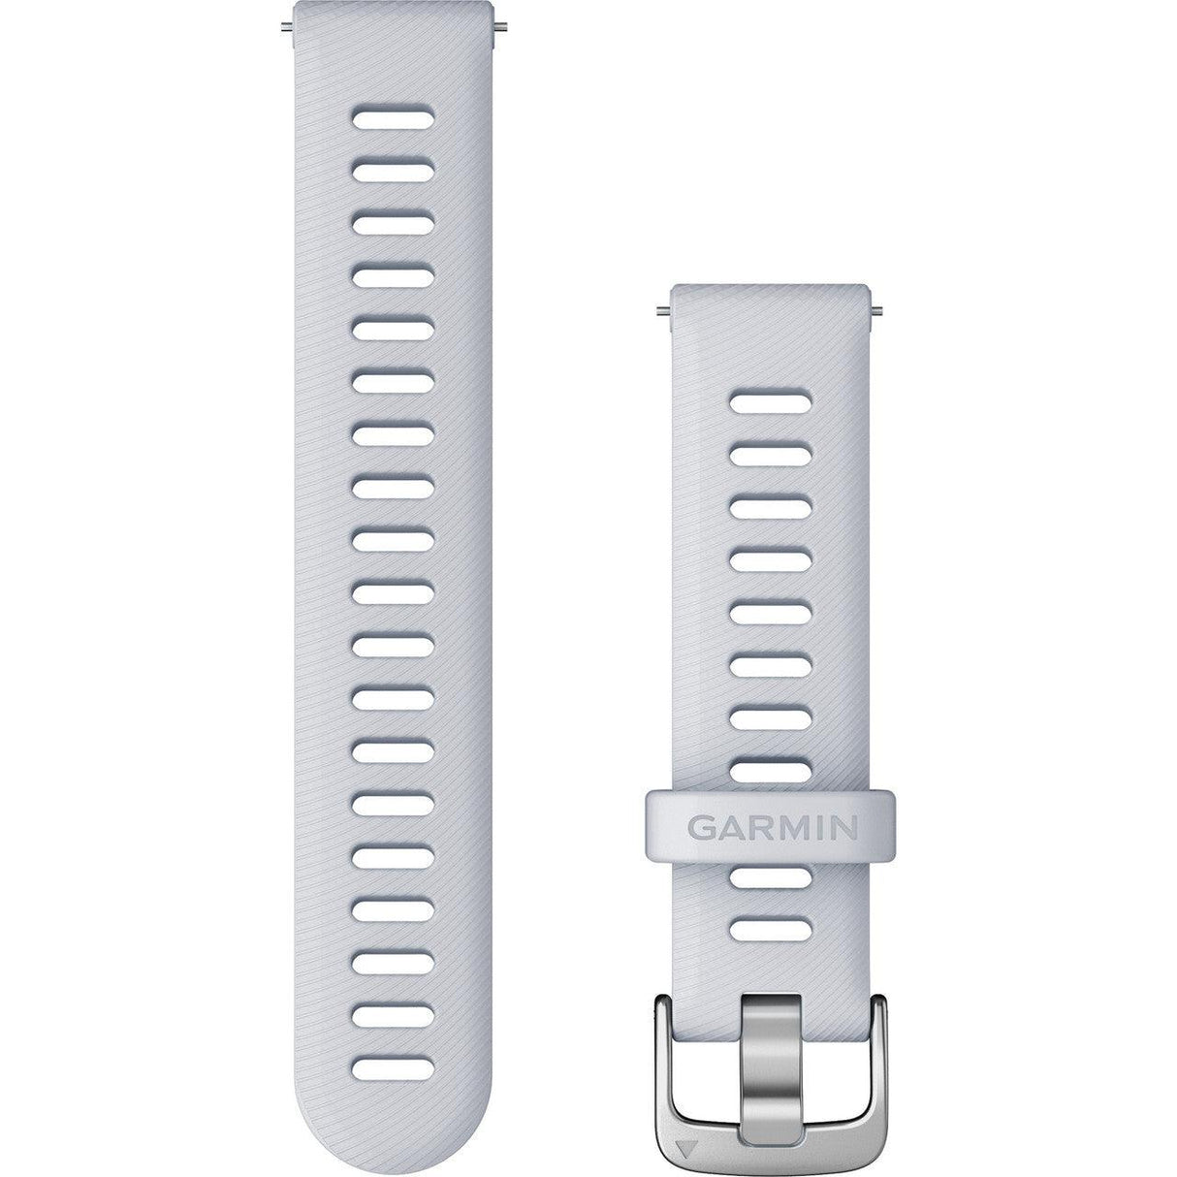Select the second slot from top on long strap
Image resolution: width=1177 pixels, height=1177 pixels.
(x=392, y=172)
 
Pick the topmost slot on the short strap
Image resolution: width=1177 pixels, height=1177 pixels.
(x=771, y=398)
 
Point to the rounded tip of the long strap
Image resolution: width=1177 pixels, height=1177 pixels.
(x=392, y=1154)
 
